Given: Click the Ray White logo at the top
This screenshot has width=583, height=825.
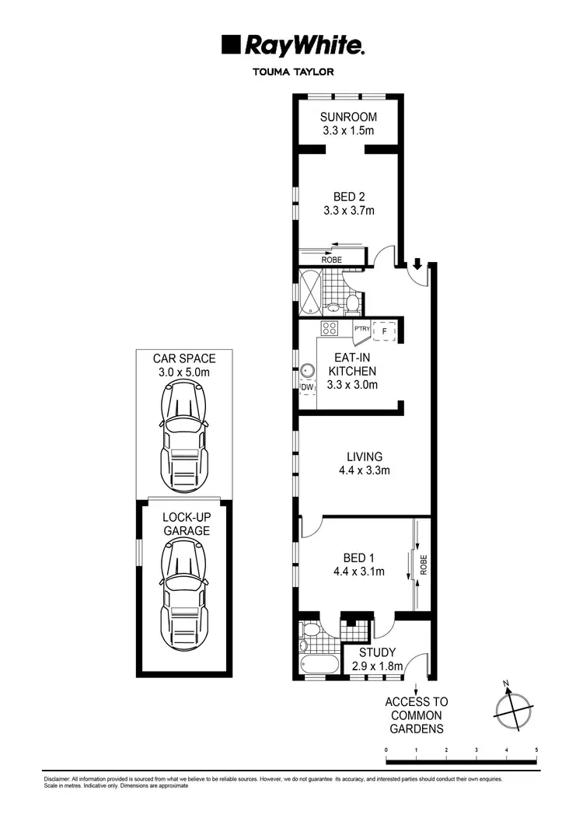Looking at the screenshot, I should coord(292,46).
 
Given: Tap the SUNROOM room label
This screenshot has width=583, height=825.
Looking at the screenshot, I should coord(348,117).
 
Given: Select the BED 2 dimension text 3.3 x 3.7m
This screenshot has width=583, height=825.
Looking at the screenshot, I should coord(348,210).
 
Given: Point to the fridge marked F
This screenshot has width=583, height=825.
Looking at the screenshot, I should coord(383,330).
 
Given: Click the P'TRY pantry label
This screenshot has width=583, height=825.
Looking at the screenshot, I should coord(361,330).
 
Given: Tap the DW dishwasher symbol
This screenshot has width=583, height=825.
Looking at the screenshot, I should coord(307,386).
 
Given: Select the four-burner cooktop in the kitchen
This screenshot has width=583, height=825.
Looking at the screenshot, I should coord(329,328).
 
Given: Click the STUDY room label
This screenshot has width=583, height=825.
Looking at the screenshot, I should coord(377,652).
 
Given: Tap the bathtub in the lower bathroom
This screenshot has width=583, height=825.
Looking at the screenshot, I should coord(319,666).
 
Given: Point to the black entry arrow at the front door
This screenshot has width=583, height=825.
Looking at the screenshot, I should coord(417,265).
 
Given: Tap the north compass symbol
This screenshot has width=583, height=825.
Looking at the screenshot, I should coord(513,706).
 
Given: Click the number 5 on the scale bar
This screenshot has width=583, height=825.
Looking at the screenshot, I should coord(536,750).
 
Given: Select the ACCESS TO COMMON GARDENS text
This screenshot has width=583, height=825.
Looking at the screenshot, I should coord(417,715).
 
